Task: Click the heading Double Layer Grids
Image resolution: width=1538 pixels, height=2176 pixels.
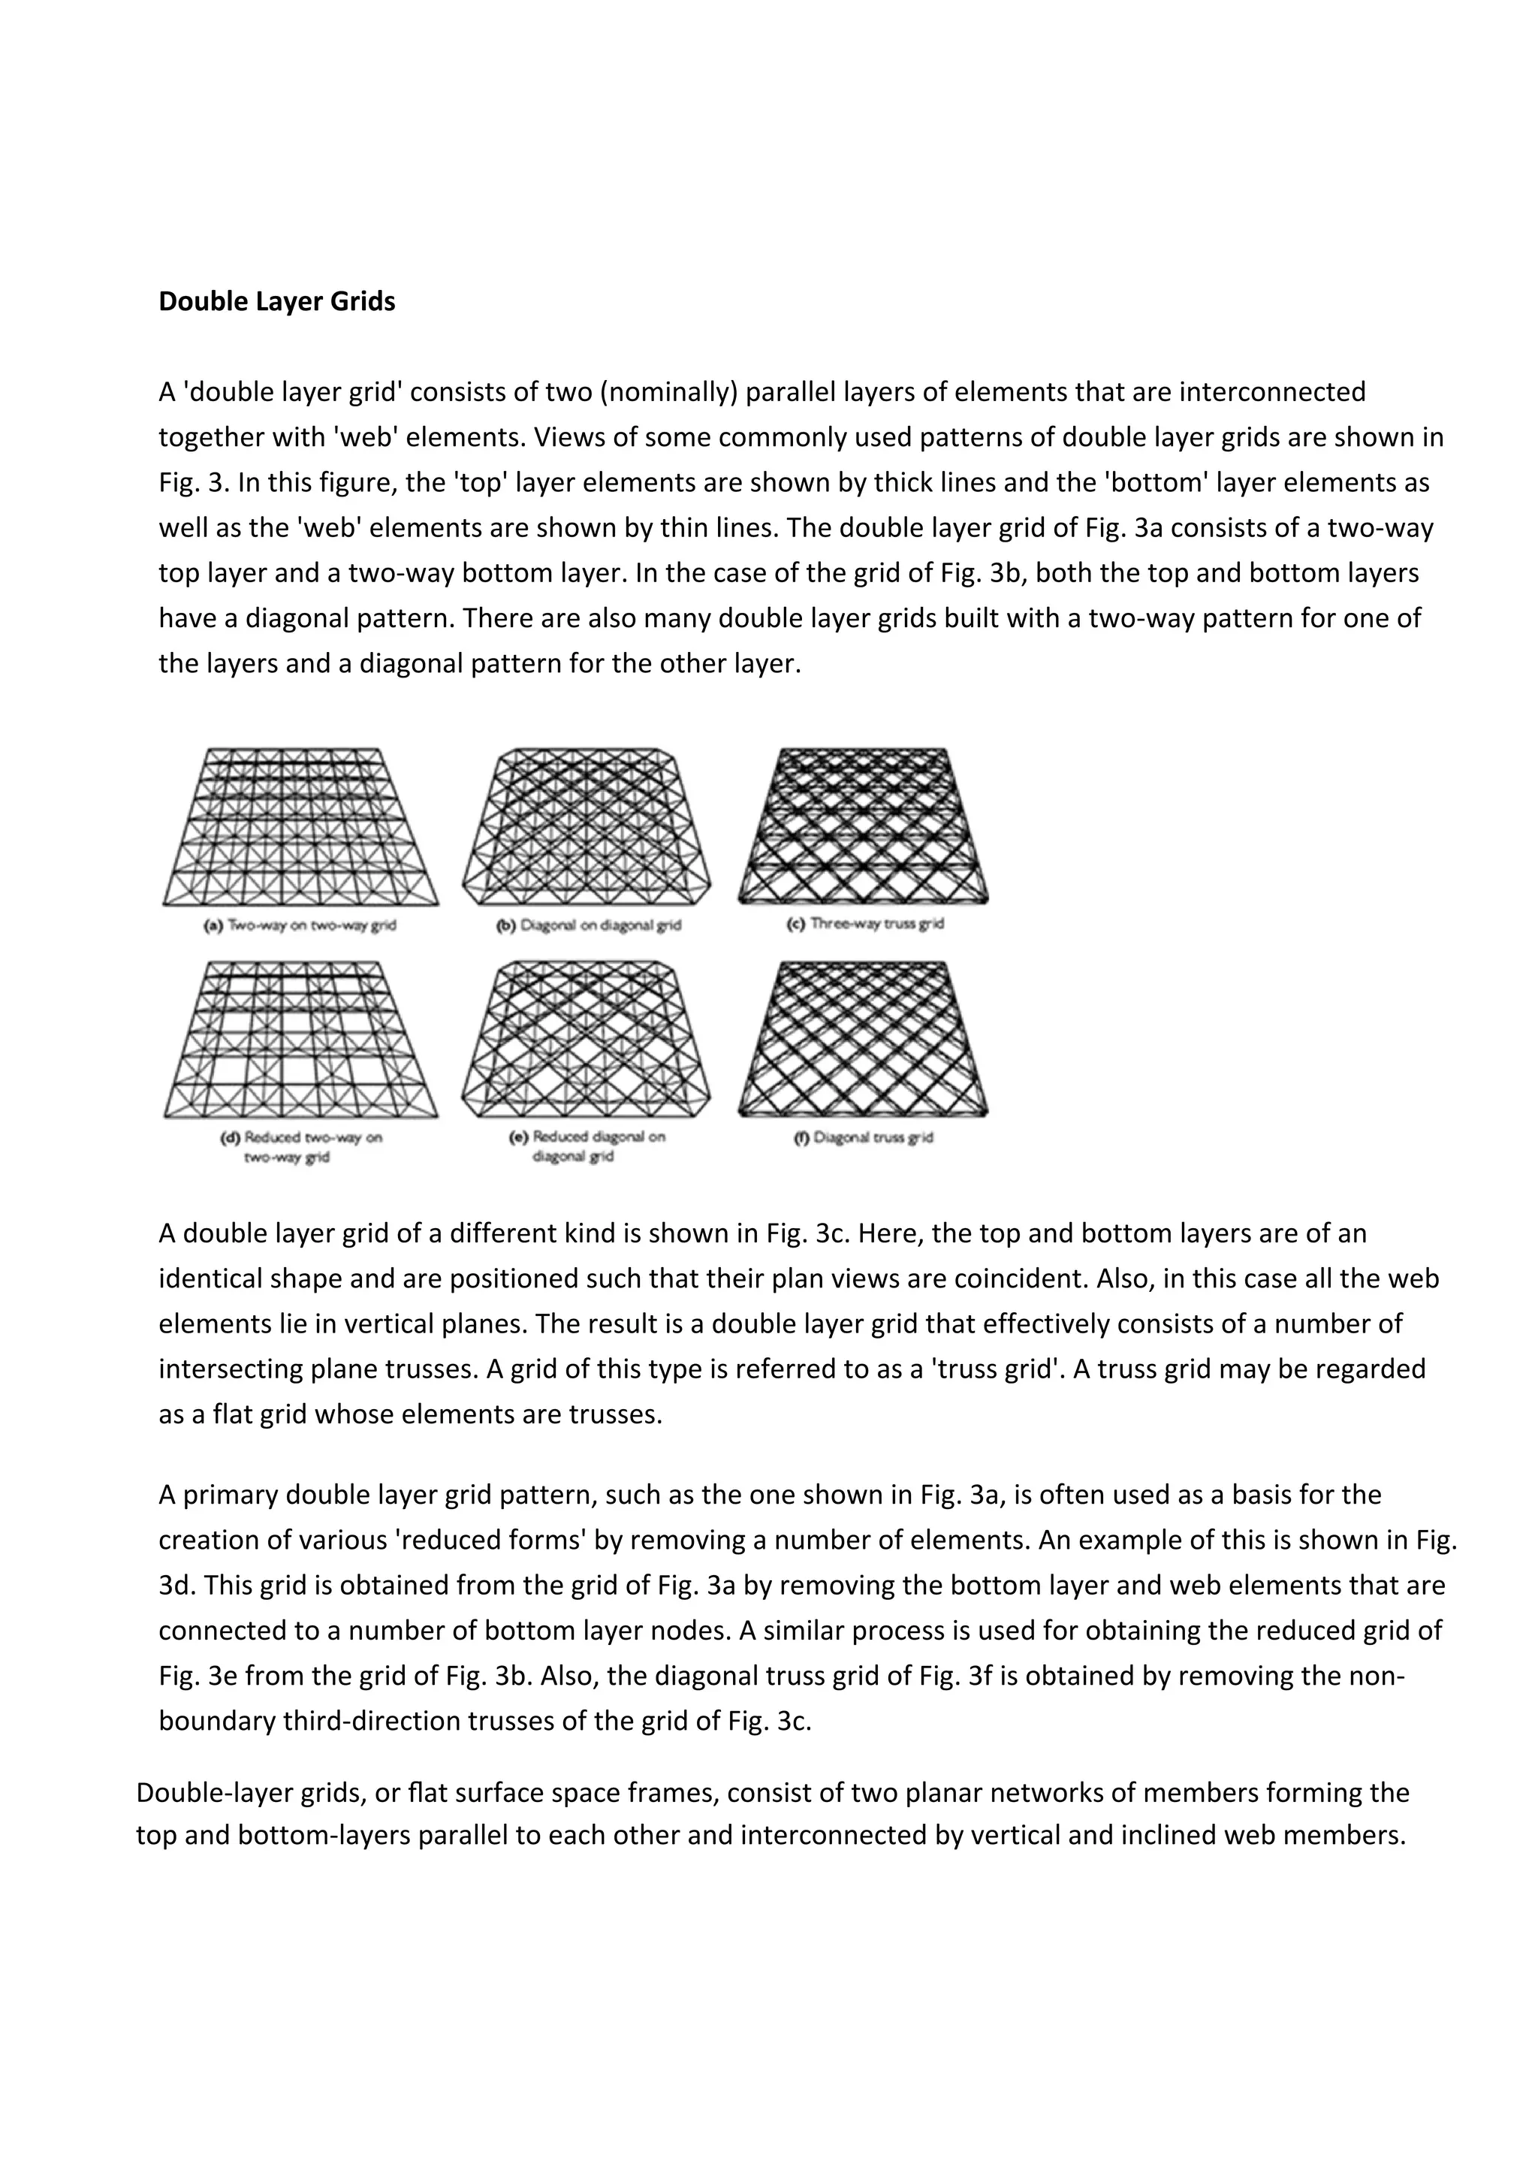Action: pyautogui.click(x=276, y=301)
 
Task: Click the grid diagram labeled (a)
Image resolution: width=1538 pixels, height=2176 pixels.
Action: pyautogui.click(x=300, y=826)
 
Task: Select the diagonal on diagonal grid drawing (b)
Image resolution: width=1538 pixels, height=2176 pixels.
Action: pyautogui.click(x=587, y=826)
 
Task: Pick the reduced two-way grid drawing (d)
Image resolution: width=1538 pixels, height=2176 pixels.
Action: pyautogui.click(x=300, y=1040)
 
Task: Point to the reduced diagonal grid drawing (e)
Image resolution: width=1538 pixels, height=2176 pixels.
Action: pyautogui.click(x=587, y=1040)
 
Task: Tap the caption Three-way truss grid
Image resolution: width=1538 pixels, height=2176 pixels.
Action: pyautogui.click(x=865, y=923)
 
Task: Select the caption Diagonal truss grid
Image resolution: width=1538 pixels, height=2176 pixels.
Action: pyautogui.click(x=864, y=1137)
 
